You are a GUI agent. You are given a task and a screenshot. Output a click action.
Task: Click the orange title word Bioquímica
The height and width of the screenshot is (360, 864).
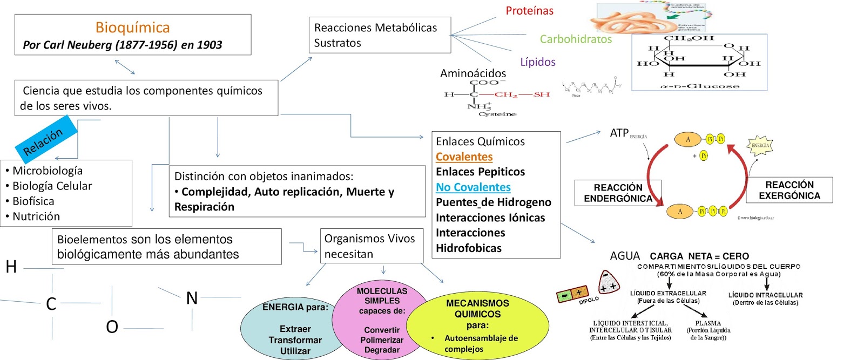pyautogui.click(x=132, y=28)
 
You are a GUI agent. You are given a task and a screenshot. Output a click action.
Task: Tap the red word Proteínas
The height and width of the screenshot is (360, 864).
pyautogui.click(x=529, y=11)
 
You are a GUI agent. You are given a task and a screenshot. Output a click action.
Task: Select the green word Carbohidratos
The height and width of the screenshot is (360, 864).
pyautogui.click(x=576, y=39)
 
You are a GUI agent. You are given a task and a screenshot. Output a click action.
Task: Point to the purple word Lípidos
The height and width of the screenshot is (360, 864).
pyautogui.click(x=537, y=62)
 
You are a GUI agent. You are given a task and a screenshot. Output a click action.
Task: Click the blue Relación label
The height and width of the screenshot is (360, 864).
pyautogui.click(x=43, y=141)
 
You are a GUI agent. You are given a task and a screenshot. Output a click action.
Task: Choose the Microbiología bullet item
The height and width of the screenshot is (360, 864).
pyautogui.click(x=48, y=171)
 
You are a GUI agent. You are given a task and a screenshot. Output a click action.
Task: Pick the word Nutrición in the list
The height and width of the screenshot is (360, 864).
pyautogui.click(x=36, y=216)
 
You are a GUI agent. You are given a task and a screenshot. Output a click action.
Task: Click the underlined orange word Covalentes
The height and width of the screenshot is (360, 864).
pyautogui.click(x=464, y=157)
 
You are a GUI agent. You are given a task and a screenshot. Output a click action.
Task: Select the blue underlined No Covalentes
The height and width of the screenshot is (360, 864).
pyautogui.click(x=473, y=187)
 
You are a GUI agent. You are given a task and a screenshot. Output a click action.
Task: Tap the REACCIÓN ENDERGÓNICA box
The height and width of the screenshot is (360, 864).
pyautogui.click(x=618, y=193)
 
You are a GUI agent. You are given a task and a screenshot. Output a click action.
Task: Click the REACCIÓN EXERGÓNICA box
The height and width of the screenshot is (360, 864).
pyautogui.click(x=789, y=190)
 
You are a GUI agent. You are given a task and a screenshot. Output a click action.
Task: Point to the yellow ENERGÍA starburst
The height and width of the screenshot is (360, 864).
pyautogui.click(x=760, y=145)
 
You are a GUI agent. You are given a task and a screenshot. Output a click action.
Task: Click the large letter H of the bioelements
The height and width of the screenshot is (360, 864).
pyautogui.click(x=11, y=267)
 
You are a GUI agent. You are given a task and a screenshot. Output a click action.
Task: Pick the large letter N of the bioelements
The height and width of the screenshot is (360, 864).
pyautogui.click(x=192, y=298)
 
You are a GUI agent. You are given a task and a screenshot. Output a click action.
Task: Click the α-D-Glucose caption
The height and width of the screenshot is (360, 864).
pyautogui.click(x=699, y=86)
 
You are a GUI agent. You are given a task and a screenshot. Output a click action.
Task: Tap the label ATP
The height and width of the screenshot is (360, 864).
pyautogui.click(x=619, y=133)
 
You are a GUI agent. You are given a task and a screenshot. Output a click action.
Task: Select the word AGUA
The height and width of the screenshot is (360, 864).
pyautogui.click(x=625, y=256)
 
